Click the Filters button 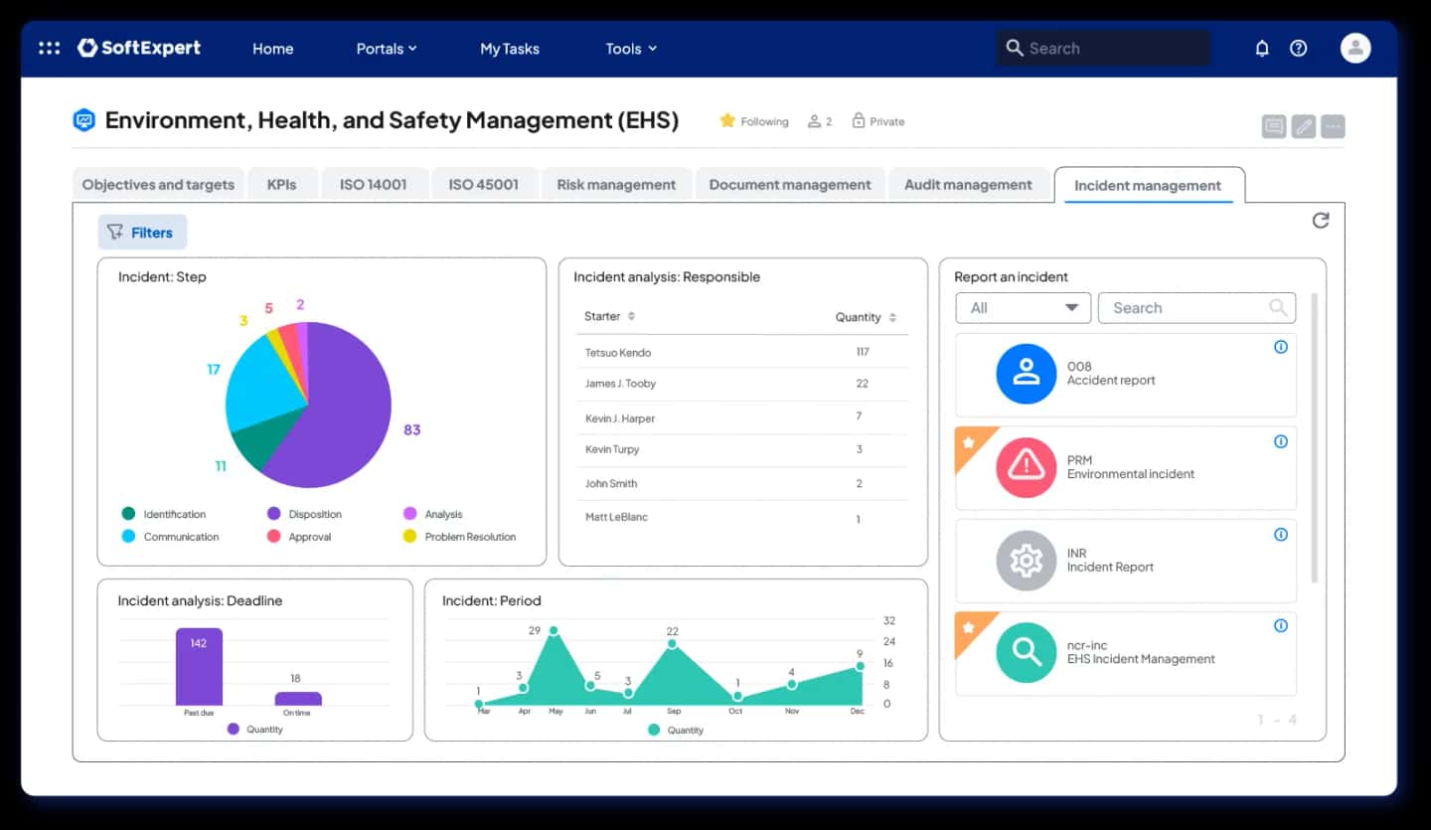142,232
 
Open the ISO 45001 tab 483,185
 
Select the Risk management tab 616,185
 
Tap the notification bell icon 1262,49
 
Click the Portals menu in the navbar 387,49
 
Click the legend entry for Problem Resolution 460,537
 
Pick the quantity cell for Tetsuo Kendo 863,352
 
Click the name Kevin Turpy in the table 612,449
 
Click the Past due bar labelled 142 200,666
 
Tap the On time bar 298,699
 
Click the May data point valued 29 554,630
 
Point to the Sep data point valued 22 672,644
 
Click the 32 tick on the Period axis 889,620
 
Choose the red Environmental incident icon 1026,467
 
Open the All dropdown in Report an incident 1023,308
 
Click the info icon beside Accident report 1281,347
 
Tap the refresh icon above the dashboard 1321,221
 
